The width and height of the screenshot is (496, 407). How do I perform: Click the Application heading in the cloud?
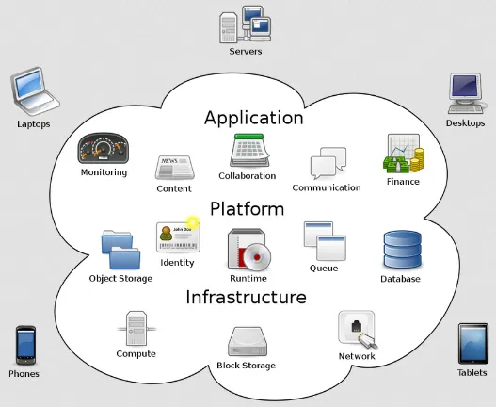(x=253, y=118)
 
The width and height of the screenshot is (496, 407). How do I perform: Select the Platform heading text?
(x=247, y=208)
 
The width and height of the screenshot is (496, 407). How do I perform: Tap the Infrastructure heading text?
(x=246, y=298)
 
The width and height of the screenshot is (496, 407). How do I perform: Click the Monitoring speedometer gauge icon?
(x=104, y=150)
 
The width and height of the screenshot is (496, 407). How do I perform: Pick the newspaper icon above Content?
(x=174, y=168)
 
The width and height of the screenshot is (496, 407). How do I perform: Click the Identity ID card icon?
(x=178, y=236)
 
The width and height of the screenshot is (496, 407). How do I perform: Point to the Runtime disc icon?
(x=248, y=250)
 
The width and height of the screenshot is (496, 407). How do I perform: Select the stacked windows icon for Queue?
(x=324, y=241)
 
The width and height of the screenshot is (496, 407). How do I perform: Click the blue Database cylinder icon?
(x=400, y=250)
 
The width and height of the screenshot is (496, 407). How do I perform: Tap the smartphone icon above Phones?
(x=24, y=346)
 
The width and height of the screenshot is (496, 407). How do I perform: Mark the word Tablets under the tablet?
(x=472, y=373)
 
